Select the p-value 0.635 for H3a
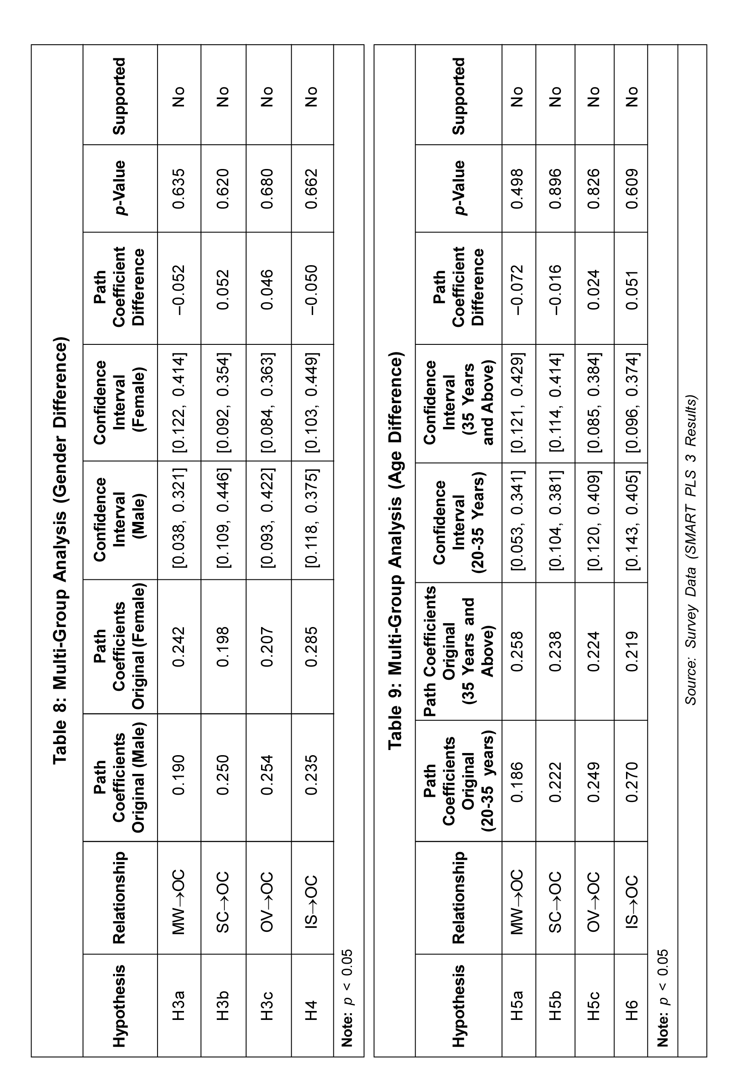pos(179,189)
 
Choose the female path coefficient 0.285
pos(312,647)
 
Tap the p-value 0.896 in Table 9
pos(555,189)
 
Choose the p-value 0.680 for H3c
pos(268,189)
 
